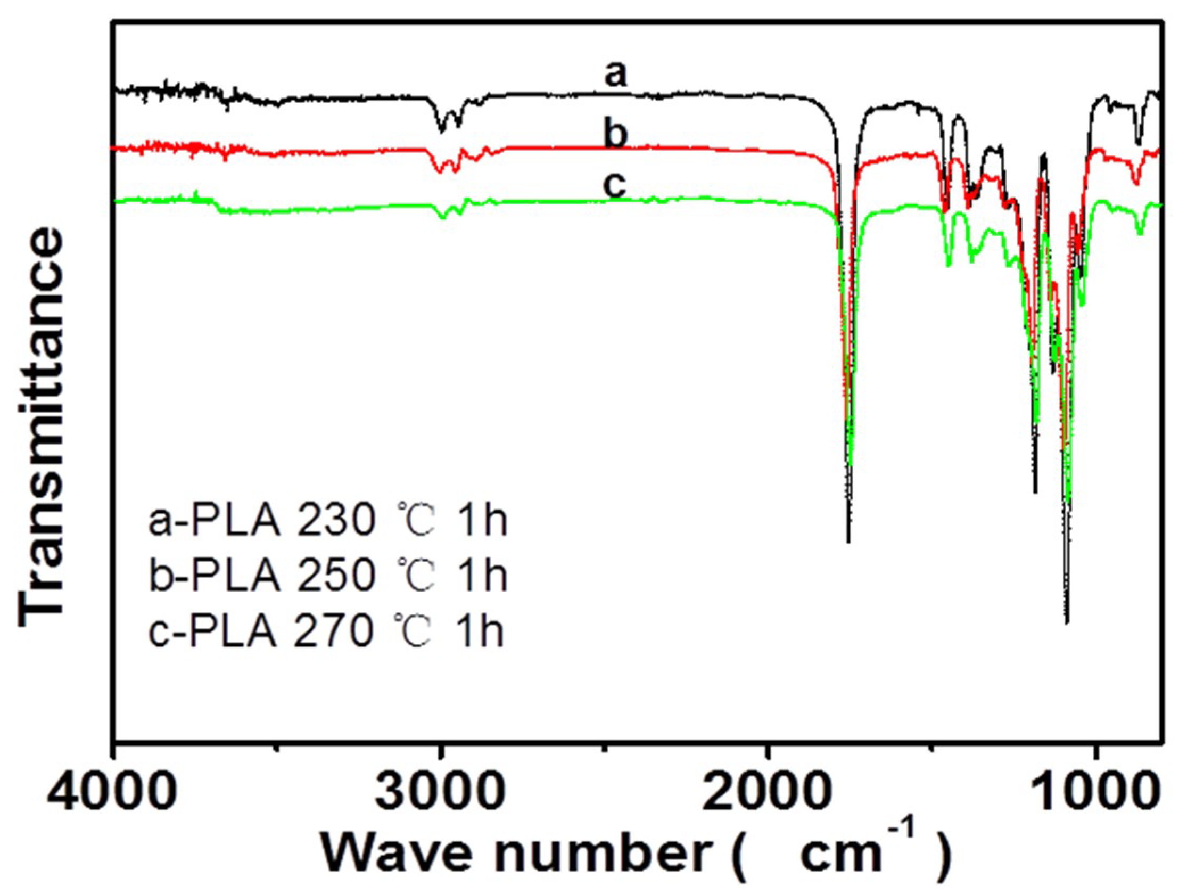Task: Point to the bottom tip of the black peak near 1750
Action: (848, 542)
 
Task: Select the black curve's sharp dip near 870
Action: (1138, 143)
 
